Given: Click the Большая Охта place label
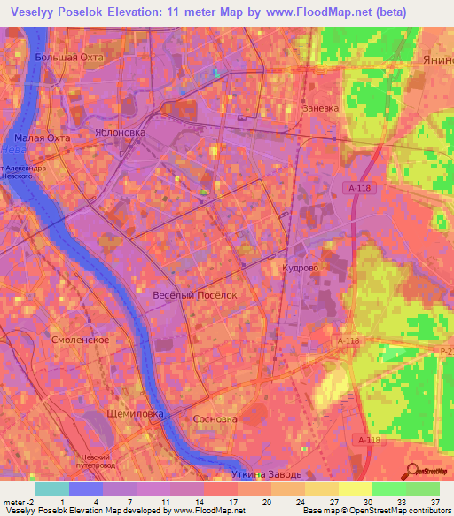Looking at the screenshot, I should (69, 57).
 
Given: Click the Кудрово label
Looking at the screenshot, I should (299, 266).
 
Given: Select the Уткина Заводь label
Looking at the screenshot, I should (266, 475).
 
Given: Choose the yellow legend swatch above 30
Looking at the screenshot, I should (354, 488).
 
